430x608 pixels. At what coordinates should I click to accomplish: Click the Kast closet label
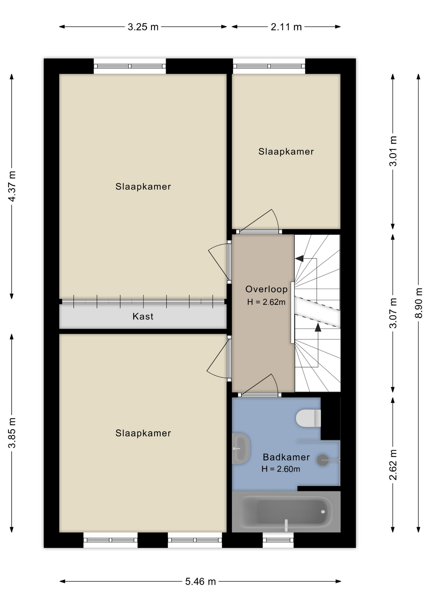[x=143, y=316]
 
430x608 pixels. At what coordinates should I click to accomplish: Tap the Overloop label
[x=267, y=289]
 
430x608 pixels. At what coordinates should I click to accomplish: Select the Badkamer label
[x=286, y=457]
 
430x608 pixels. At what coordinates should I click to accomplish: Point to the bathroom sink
[x=241, y=448]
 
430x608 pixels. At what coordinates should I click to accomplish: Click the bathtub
[x=286, y=512]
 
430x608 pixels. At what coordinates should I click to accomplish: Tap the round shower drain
[x=323, y=460]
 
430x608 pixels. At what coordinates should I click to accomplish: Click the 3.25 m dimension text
[x=143, y=27]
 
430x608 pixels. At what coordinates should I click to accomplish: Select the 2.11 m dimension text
[x=286, y=27]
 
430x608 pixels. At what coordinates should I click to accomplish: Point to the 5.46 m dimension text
[x=200, y=581]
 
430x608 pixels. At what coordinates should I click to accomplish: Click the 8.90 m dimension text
[x=419, y=303]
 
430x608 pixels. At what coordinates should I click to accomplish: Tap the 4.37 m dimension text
[x=12, y=186]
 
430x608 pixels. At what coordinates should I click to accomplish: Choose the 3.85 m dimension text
[x=12, y=433]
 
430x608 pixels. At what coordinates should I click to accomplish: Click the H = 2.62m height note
[x=266, y=302]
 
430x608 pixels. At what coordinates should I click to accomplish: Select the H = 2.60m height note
[x=281, y=469]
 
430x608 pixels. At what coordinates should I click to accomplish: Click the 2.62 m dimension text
[x=393, y=465]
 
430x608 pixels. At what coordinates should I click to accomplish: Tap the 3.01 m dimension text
[x=393, y=151]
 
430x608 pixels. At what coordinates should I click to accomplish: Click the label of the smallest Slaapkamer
[x=286, y=151]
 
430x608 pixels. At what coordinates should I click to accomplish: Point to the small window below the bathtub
[x=278, y=540]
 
